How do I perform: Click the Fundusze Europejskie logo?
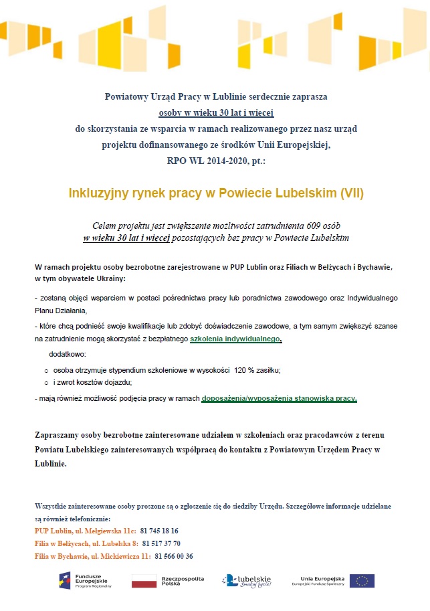(x=85, y=580)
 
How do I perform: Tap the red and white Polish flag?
(x=143, y=581)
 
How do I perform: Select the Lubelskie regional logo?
(x=246, y=580)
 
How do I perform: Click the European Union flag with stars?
(x=362, y=580)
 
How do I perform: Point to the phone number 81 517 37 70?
(x=161, y=543)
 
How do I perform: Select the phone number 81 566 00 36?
(x=174, y=556)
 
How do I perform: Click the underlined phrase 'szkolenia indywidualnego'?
(x=235, y=339)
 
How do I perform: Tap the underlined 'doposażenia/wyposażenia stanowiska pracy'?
(x=279, y=398)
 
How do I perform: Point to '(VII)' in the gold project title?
(x=352, y=193)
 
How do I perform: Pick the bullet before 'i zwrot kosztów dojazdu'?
(x=46, y=383)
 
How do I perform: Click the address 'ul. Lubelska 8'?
(x=114, y=543)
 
